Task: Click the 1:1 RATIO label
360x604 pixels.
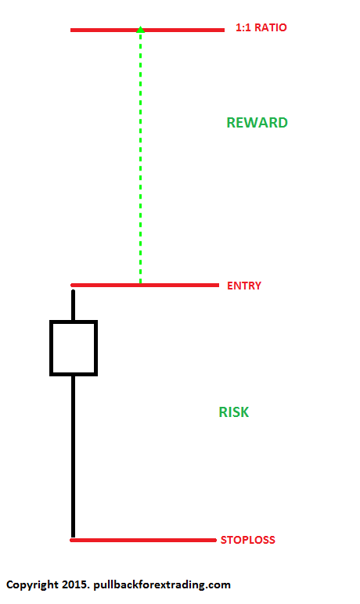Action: point(261,27)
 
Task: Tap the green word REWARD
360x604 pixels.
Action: point(257,123)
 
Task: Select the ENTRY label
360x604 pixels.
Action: point(244,286)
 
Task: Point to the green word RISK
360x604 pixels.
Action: point(233,412)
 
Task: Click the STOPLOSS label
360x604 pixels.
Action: point(248,540)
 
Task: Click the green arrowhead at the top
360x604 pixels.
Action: point(141,29)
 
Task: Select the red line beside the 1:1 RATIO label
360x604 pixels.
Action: point(147,30)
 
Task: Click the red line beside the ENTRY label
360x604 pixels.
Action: point(145,285)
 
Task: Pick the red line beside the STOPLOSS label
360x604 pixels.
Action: point(143,540)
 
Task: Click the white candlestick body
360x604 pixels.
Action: point(74,348)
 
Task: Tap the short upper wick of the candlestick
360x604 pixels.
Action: point(74,305)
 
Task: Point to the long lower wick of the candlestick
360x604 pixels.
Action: point(73,456)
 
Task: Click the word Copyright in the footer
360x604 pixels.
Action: point(32,585)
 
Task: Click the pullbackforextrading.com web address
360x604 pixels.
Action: point(162,584)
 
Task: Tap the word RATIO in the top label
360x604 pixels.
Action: point(271,27)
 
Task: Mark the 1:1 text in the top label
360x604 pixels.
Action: point(243,27)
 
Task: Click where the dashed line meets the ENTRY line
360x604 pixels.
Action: point(140,284)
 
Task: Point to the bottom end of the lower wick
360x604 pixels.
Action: point(73,537)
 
